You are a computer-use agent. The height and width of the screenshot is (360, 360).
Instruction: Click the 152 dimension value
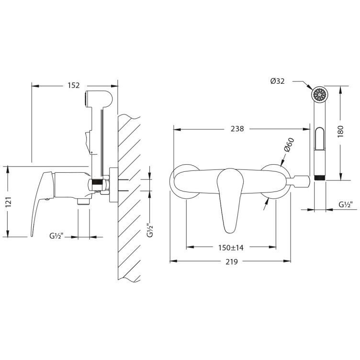tap(74, 85)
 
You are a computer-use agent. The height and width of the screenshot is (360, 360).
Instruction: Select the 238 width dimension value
tap(237, 129)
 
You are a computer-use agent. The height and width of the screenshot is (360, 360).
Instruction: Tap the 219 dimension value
tap(231, 261)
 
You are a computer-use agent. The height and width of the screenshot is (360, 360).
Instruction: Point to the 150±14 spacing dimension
tap(231, 247)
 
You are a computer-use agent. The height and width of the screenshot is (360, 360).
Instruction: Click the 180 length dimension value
tap(340, 132)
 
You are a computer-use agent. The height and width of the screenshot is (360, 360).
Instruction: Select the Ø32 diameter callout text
tap(277, 81)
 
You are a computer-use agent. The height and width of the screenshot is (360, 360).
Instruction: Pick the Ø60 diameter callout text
tap(289, 145)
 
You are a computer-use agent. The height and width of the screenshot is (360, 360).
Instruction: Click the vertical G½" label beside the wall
tap(150, 230)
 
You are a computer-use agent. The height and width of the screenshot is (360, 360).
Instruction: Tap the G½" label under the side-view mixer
tap(56, 236)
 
